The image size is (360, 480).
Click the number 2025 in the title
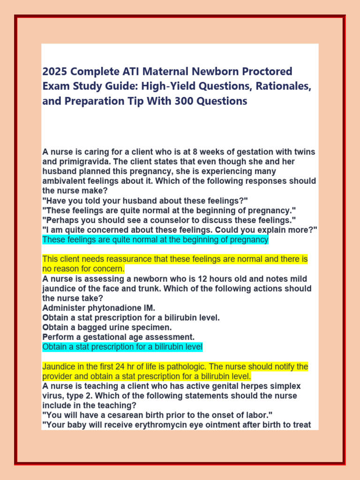[54, 72]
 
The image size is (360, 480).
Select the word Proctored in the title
[266, 72]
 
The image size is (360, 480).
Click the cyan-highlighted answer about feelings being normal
[155, 240]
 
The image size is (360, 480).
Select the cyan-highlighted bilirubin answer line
[122, 347]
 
